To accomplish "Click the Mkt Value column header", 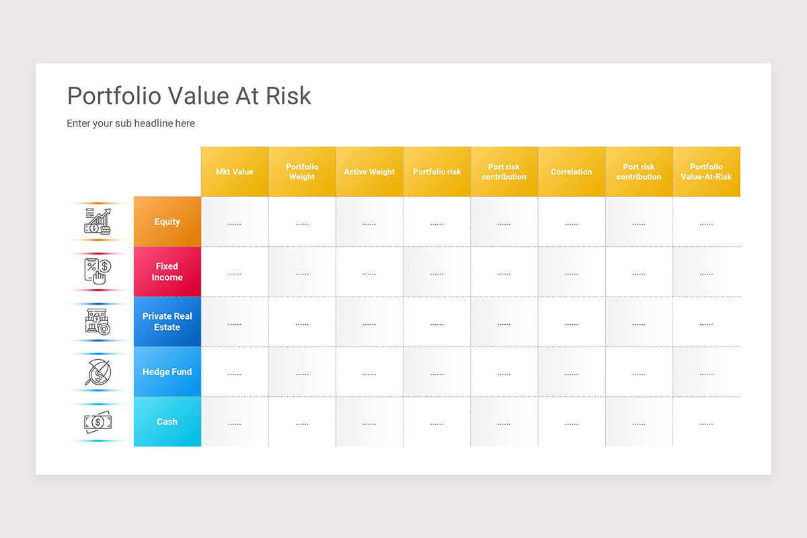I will (x=235, y=171).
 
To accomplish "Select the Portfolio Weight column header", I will (x=302, y=171).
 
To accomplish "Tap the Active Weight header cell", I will (x=369, y=171).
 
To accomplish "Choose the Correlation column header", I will (x=572, y=171).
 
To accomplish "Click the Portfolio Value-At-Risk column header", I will (x=706, y=171).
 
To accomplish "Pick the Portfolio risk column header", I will (x=437, y=171).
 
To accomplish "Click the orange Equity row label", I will (x=167, y=221).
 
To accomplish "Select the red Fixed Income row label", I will (x=167, y=272).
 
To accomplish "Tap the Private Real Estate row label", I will (x=167, y=321).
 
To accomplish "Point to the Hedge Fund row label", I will (x=167, y=371).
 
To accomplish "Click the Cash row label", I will (x=167, y=422).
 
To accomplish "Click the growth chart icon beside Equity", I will (x=98, y=221).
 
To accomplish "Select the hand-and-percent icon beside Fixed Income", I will (x=98, y=271).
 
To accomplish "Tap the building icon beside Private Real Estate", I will (x=98, y=321).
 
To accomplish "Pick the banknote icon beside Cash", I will (x=98, y=422).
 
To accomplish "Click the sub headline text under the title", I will (x=130, y=124).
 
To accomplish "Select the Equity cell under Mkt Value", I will (x=235, y=223).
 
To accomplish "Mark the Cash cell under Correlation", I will (x=572, y=423).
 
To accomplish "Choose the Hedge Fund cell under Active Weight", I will (x=369, y=373).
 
